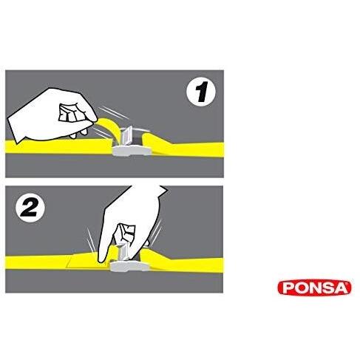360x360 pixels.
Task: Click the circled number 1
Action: [x=201, y=92]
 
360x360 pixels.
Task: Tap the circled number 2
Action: [x=30, y=208]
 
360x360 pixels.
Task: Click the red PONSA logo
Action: [x=314, y=288]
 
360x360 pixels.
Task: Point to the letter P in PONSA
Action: [x=288, y=288]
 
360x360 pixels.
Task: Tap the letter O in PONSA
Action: [x=299, y=288]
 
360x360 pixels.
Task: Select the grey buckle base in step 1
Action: [x=132, y=150]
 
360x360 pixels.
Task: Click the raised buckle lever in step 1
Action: [x=128, y=135]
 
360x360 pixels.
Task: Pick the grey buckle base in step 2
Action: [x=129, y=267]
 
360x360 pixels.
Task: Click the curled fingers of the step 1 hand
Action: [x=69, y=113]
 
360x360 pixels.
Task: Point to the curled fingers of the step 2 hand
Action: [x=126, y=234]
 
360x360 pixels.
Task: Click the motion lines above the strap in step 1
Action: [x=113, y=112]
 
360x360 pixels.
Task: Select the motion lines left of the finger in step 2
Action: [x=91, y=240]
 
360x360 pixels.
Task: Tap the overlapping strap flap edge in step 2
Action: [x=69, y=262]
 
